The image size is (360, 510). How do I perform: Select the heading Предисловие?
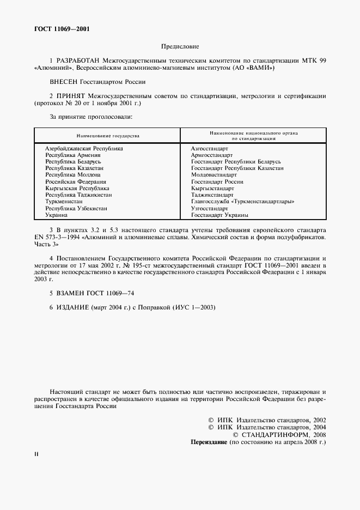pos(180,47)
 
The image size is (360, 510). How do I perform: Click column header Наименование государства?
pos(107,136)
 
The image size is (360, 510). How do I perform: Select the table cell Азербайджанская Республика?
pos(84,148)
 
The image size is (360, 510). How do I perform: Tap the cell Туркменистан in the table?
pos(64,202)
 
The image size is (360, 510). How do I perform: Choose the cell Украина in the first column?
pos(57,215)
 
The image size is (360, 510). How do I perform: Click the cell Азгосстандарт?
pos(210,148)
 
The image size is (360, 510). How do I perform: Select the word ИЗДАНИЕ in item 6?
pos(73,308)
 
